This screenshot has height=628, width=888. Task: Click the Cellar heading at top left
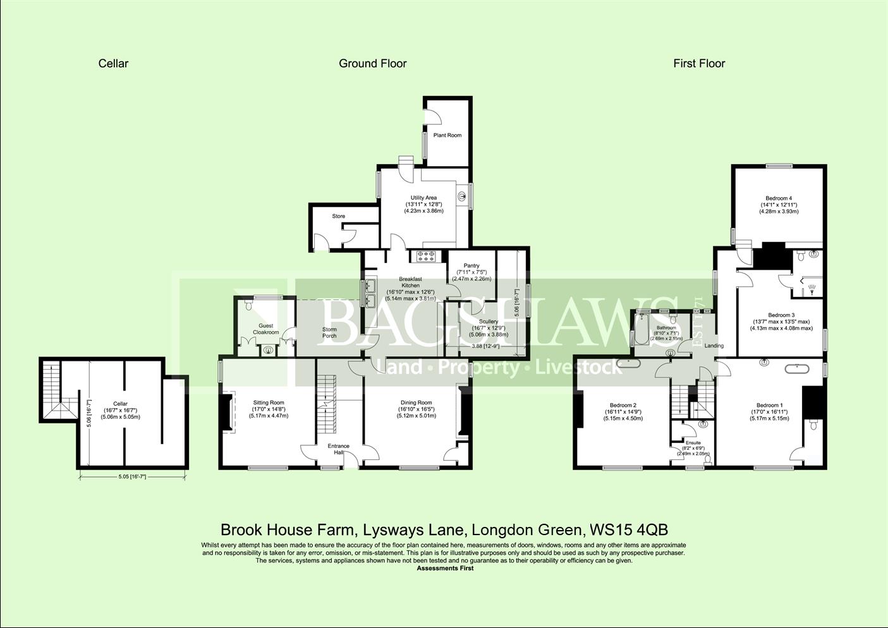pos(113,63)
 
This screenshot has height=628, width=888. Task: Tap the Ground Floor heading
pos(372,63)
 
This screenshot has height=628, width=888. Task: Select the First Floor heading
pos(699,63)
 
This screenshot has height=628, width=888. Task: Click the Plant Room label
pos(447,135)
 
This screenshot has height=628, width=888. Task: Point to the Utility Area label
pos(423,198)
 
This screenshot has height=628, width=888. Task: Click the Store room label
pos(339,216)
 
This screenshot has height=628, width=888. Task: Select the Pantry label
pos(471,266)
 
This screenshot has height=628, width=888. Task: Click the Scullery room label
pos(489,322)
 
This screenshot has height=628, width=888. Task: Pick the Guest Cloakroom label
pos(266,329)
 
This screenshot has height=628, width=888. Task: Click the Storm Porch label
pos(329,332)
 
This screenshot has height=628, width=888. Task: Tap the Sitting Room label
pos(269,402)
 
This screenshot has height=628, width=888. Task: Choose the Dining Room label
pos(416,402)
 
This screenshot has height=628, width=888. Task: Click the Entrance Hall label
pos(339,449)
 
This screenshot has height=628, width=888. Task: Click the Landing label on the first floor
pos(714,346)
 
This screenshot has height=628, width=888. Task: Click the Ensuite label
pos(693,443)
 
